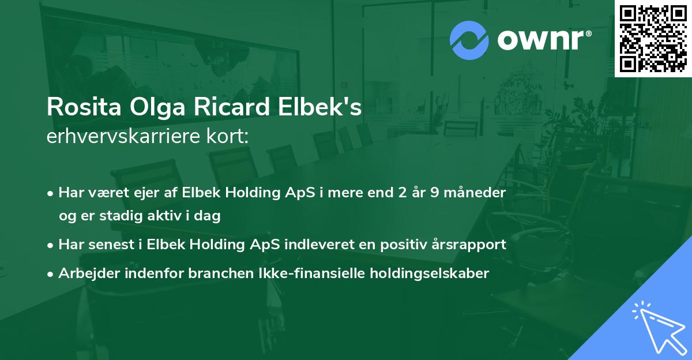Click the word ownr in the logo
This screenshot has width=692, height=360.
[x=543, y=40]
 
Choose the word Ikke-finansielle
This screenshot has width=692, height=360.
[x=311, y=273]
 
